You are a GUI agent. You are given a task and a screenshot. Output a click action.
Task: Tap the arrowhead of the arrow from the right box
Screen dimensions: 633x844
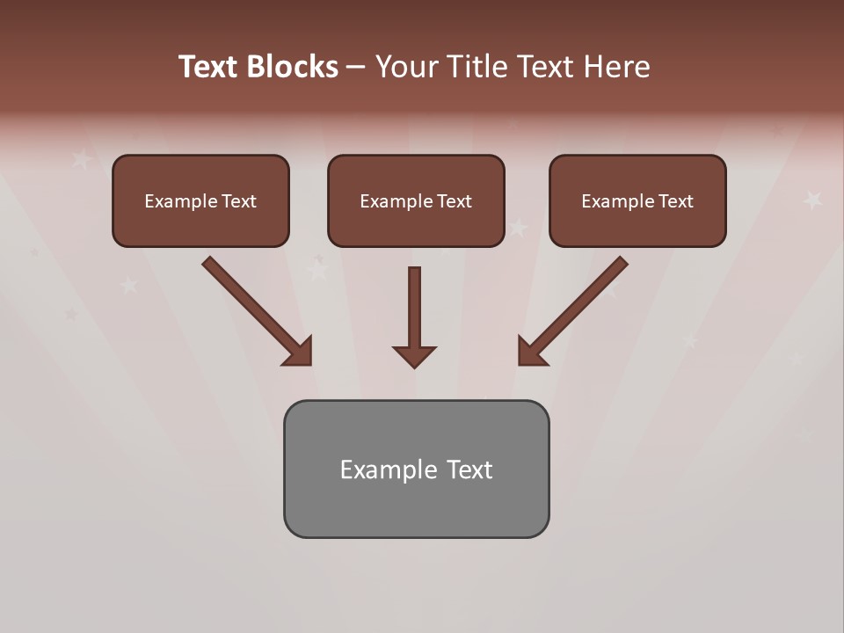[x=530, y=353]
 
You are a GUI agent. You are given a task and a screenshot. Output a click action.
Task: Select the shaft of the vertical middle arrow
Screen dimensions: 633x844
[x=414, y=303]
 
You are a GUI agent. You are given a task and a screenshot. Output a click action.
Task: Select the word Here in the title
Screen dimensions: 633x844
[x=615, y=67]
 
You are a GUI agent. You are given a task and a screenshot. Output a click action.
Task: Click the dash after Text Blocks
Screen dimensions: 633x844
[x=356, y=67]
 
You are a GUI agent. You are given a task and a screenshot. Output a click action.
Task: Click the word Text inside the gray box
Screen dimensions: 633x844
[x=469, y=469]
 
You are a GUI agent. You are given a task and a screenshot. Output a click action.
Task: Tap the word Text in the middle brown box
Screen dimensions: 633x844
[x=454, y=201]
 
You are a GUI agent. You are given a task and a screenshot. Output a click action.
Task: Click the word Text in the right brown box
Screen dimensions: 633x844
[x=675, y=201]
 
